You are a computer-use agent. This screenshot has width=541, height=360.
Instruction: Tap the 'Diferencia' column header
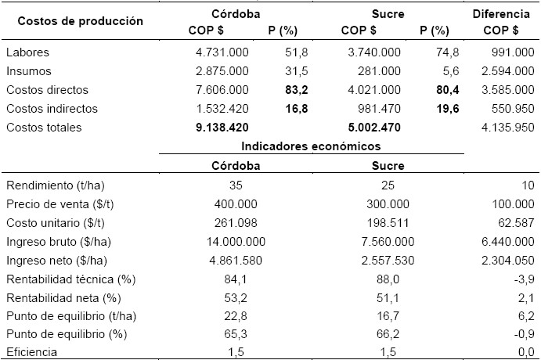504,14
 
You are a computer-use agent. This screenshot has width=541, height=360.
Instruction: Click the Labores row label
28,52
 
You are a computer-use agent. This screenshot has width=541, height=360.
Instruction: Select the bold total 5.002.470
370,127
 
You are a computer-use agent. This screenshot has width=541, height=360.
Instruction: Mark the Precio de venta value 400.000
234,203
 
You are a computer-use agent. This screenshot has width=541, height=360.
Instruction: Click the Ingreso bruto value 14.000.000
234,241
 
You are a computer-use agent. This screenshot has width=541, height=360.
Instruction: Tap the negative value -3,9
525,279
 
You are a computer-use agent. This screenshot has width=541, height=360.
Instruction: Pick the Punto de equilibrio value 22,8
234,315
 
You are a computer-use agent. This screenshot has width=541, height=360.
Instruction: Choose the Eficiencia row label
32,353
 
